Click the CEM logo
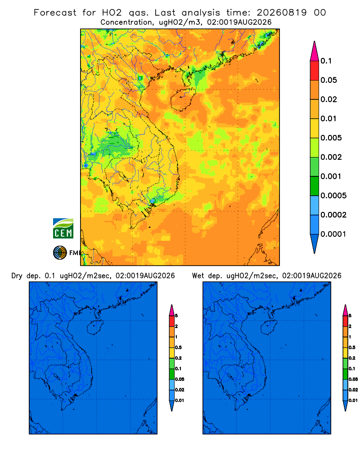(x=63, y=228)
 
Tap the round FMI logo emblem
(x=60, y=252)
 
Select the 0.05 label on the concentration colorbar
(x=328, y=80)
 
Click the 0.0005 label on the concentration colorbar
(x=333, y=195)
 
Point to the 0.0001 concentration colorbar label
(x=333, y=234)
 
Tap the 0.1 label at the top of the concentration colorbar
(x=326, y=61)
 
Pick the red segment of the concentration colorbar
(x=315, y=70)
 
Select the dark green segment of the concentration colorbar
(x=315, y=186)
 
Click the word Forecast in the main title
(x=55, y=13)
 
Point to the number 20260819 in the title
(x=281, y=13)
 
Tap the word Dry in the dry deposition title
(x=17, y=276)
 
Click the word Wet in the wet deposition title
(x=198, y=276)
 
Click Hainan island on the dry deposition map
(x=95, y=328)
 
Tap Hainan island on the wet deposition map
(x=269, y=328)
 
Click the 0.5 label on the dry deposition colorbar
(x=178, y=347)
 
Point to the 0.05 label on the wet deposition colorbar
(x=353, y=379)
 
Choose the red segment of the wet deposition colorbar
(x=345, y=321)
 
